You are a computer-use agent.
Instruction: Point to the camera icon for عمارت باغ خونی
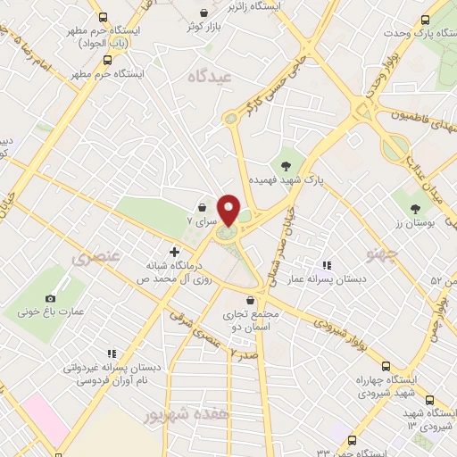click(x=50, y=297)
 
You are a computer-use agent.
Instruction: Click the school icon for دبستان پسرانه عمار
click(x=327, y=265)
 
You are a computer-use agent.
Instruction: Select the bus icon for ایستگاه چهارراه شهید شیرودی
click(x=386, y=366)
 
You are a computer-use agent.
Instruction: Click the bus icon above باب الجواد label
click(x=104, y=17)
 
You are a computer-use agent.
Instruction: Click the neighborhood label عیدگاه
click(x=210, y=78)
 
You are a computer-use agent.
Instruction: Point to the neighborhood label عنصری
click(x=93, y=259)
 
